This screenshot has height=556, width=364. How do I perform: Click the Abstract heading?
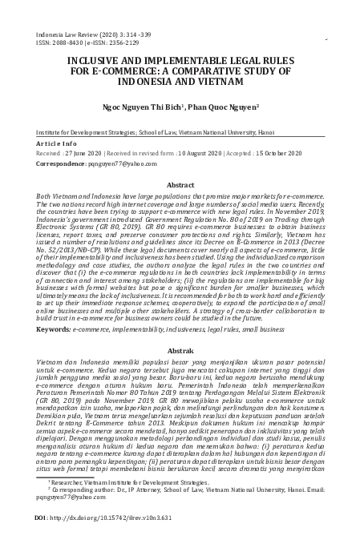[x=182, y=184]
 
